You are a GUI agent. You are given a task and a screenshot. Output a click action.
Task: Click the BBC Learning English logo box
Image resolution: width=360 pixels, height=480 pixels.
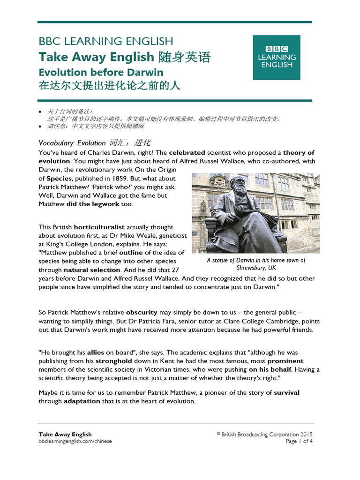click(x=277, y=57)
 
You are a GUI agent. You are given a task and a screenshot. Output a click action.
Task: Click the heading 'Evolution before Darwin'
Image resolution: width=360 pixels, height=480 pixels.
click(x=101, y=72)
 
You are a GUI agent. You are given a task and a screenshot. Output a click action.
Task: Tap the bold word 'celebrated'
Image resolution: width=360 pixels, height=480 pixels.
click(x=187, y=152)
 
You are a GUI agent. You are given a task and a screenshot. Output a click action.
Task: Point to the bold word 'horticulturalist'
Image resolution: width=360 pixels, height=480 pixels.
click(x=98, y=227)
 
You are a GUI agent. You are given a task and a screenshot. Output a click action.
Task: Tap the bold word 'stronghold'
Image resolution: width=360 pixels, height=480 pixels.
click(x=114, y=361)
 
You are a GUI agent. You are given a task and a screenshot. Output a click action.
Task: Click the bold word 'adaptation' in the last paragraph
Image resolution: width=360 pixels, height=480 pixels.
click(x=82, y=401)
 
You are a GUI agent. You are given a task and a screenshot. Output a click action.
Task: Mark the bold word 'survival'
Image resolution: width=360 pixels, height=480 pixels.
click(x=286, y=392)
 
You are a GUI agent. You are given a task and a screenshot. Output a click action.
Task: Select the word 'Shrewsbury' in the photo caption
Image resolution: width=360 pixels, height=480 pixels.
click(x=252, y=268)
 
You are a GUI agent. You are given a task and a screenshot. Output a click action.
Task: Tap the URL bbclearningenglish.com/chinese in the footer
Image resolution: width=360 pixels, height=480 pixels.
click(x=75, y=441)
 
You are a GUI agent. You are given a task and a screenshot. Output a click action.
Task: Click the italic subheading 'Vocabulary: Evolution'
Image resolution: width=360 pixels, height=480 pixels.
click(x=72, y=143)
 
